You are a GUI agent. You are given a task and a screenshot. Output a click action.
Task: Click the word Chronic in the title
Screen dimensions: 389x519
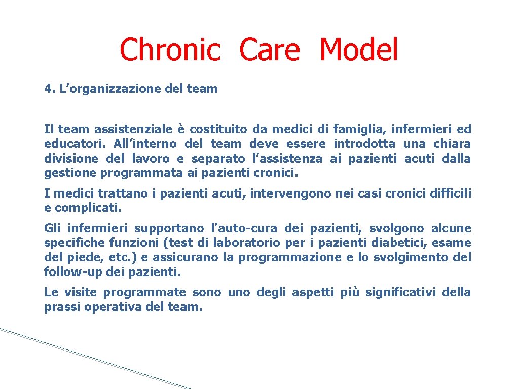click(170, 50)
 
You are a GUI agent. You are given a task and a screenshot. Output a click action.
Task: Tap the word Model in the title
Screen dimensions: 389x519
click(359, 50)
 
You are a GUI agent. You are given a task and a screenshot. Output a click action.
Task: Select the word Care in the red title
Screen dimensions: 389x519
click(269, 50)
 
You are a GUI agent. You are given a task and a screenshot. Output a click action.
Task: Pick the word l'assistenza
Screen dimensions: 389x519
click(287, 159)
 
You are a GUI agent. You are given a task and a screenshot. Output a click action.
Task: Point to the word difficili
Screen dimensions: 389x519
click(450, 193)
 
